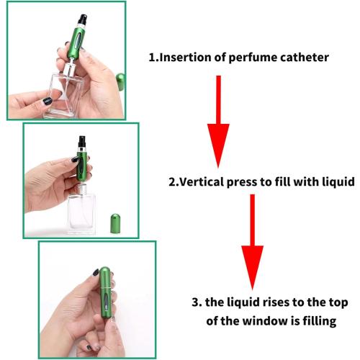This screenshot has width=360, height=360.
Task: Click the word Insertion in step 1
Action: click(x=190, y=57)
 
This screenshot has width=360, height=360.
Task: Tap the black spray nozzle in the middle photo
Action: click(x=81, y=141)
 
